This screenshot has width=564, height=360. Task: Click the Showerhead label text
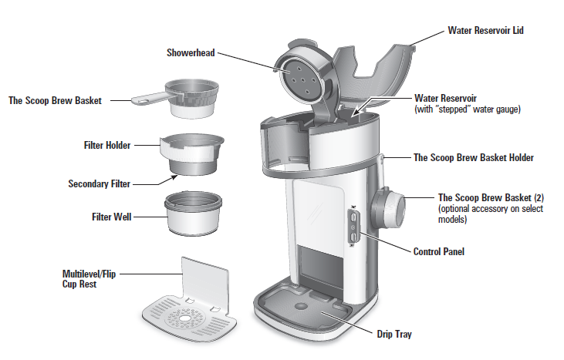[x=190, y=53]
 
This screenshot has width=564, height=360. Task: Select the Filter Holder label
[x=106, y=145]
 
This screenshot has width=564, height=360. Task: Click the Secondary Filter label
[x=99, y=184]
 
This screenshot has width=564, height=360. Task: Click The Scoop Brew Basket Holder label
[x=474, y=157]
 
